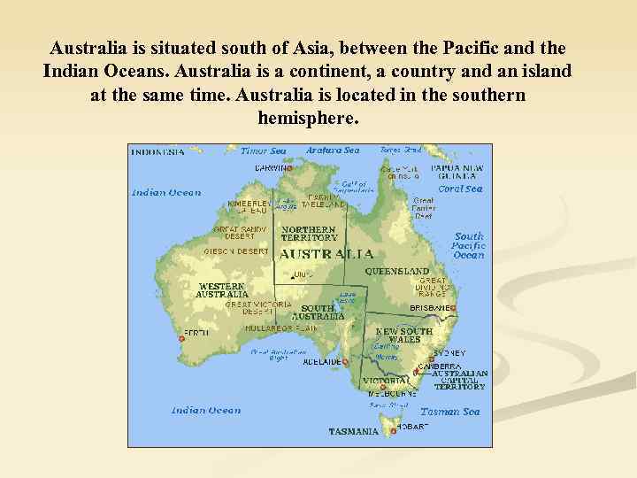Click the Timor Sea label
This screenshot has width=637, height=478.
[263, 150]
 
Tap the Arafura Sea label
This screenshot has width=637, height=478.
[333, 150]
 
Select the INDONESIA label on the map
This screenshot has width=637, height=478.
[158, 151]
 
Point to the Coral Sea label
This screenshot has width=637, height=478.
[460, 189]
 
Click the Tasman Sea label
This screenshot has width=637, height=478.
[449, 412]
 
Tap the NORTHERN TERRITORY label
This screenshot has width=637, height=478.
[309, 234]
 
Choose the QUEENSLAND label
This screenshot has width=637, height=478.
[397, 271]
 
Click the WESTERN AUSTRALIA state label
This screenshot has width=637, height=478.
[222, 289]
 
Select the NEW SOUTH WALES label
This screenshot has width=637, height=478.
[404, 335]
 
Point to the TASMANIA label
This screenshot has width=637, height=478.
[353, 432]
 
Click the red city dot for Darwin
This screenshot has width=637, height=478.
[289, 168]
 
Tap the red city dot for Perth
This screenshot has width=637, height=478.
[181, 338]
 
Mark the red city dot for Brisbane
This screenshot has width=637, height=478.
[453, 308]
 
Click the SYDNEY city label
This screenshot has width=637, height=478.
[449, 352]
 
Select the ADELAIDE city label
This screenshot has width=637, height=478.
[321, 362]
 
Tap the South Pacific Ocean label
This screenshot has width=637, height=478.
[469, 245]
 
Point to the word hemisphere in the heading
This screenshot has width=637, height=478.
[308, 117]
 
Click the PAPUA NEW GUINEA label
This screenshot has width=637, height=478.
[457, 172]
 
